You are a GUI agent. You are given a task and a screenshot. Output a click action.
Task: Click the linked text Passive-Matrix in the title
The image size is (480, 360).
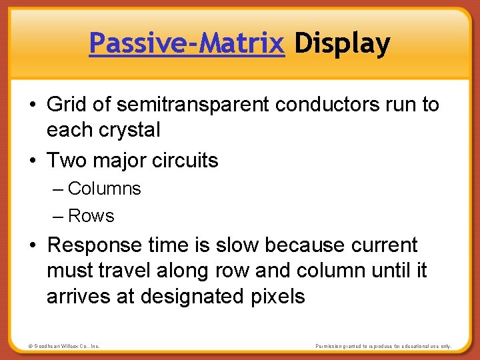187,44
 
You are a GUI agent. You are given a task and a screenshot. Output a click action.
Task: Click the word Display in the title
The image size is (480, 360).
342,44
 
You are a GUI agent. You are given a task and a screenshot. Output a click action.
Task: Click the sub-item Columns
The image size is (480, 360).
104,189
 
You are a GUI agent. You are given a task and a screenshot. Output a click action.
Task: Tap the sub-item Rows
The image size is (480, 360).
91,216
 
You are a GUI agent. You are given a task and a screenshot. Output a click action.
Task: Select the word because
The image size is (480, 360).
301,245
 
